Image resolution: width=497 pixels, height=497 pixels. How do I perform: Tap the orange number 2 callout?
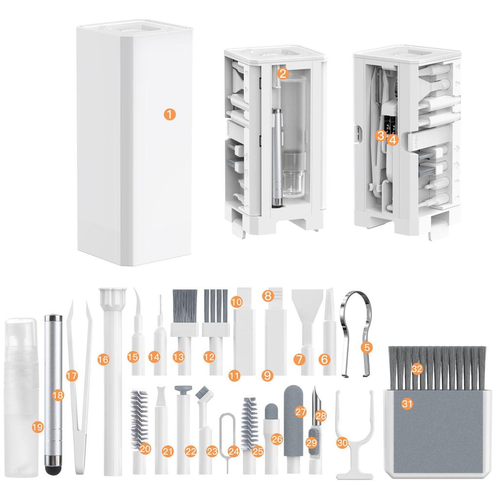(x=284, y=74)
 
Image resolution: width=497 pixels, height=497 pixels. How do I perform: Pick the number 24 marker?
(x=234, y=451)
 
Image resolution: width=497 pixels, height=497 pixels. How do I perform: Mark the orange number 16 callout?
(x=102, y=360)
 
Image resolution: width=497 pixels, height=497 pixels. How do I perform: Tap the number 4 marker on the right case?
(x=392, y=140)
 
